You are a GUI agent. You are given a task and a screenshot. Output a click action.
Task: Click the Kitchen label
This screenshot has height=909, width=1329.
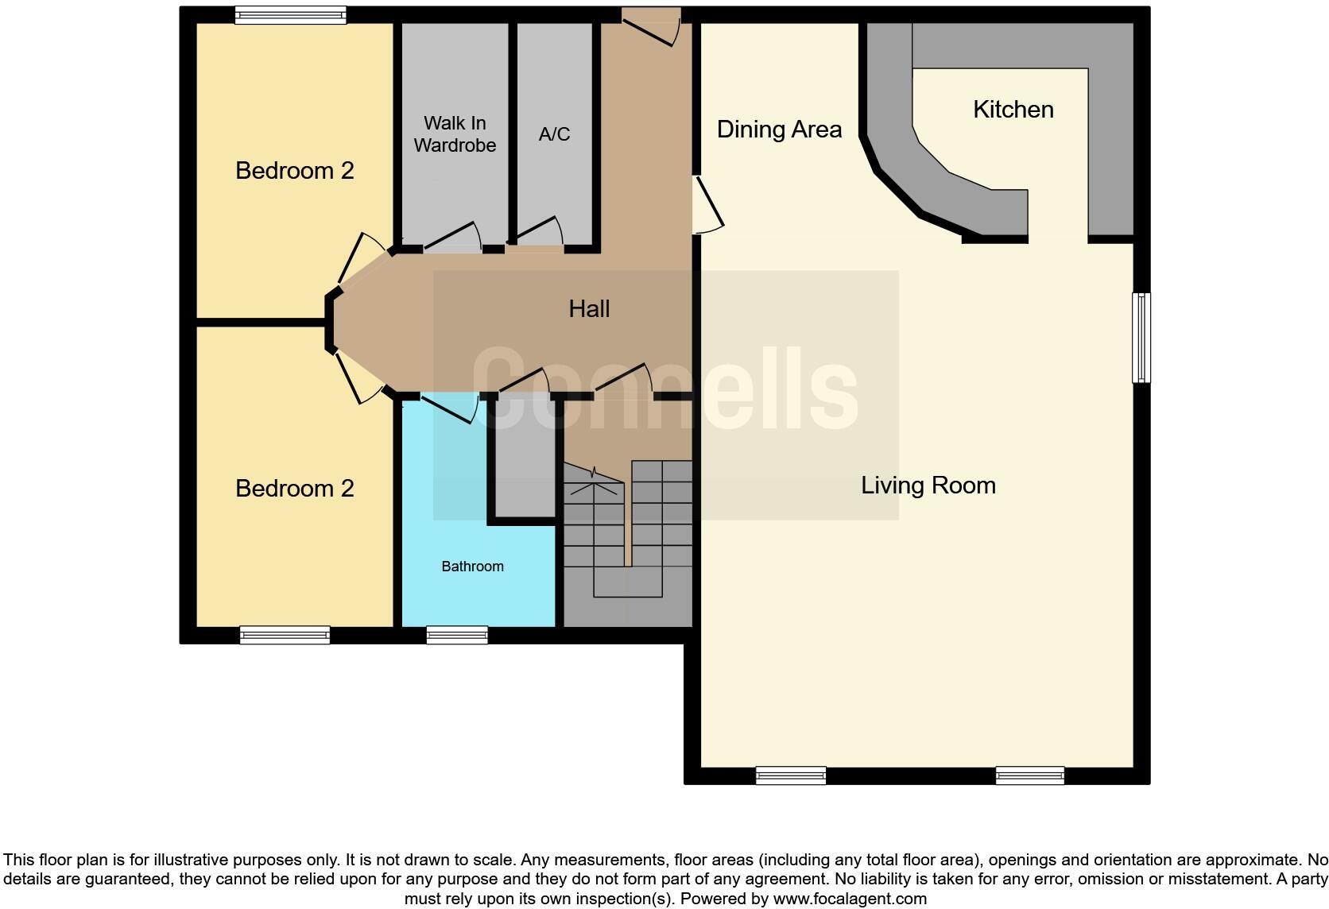(1013, 110)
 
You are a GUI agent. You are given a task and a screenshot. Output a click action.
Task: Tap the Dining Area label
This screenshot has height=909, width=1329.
(778, 130)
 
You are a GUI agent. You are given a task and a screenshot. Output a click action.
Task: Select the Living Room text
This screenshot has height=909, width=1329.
(928, 485)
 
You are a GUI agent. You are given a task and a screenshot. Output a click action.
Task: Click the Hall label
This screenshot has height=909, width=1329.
(589, 309)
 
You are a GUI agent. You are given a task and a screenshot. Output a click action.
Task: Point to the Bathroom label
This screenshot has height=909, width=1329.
(472, 567)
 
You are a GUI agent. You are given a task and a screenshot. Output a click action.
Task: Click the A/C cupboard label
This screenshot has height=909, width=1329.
(554, 134)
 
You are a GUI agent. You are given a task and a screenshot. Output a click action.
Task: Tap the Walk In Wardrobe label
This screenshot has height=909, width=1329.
(455, 134)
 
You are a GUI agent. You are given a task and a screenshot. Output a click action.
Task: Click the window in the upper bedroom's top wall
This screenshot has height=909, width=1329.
(290, 15)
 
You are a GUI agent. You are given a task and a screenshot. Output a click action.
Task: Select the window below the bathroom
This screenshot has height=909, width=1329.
(457, 635)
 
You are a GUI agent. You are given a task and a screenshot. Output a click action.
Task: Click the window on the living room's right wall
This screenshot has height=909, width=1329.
(1141, 338)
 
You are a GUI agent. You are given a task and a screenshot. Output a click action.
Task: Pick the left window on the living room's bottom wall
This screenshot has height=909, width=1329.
(790, 775)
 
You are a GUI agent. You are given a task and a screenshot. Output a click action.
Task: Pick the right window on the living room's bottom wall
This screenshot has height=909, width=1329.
(1029, 775)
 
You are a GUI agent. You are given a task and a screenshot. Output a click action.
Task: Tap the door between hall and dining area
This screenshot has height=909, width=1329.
(707, 205)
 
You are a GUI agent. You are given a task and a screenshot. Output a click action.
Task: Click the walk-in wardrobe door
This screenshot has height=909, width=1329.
(451, 237)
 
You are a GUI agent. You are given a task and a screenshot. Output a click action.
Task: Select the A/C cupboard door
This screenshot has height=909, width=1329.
(537, 231)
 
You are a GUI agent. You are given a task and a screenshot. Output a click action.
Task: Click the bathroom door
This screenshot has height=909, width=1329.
(449, 408)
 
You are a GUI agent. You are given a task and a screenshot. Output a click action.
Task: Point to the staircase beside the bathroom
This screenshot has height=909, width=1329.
(628, 528)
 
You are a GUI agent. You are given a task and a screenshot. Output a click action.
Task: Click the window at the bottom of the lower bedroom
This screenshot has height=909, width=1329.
(285, 635)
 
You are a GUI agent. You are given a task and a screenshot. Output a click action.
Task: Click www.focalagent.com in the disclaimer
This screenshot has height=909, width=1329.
(850, 899)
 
